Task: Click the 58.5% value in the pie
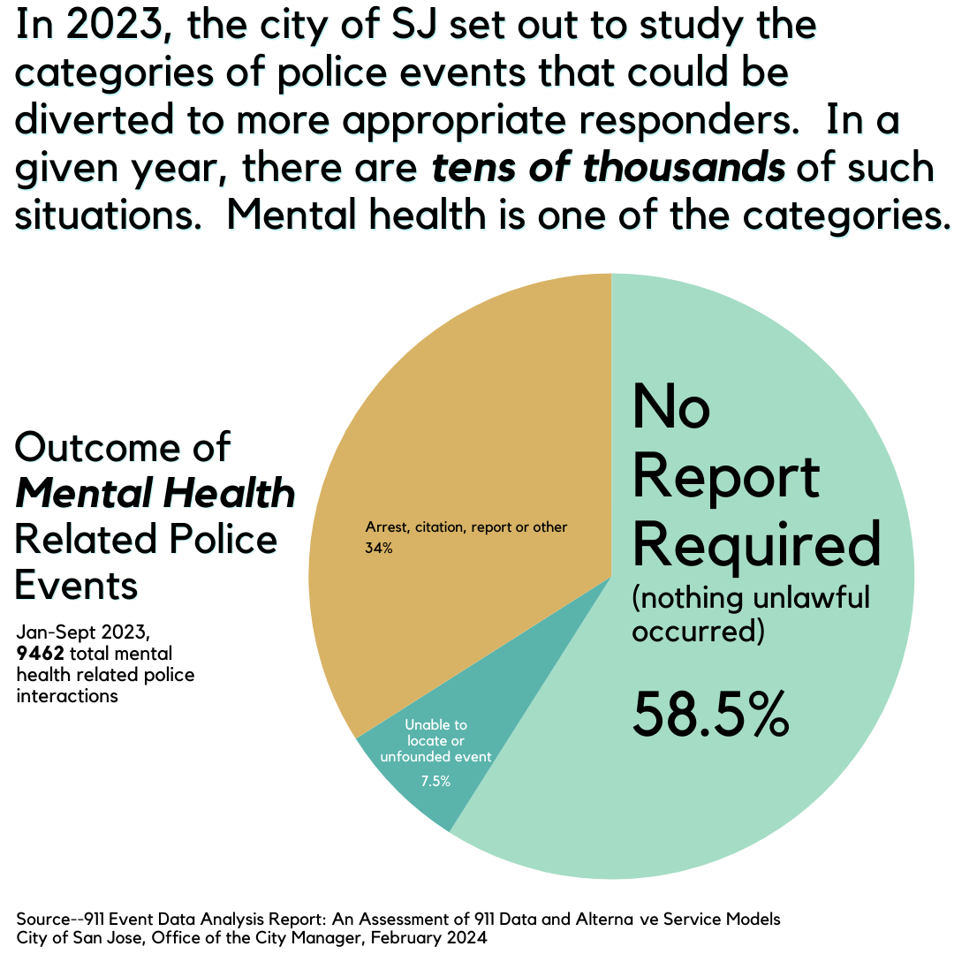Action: [709, 715]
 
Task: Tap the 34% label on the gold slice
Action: [379, 549]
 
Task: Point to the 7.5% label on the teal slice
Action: [435, 781]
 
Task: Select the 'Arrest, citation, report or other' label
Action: [466, 527]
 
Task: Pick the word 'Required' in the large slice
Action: [757, 544]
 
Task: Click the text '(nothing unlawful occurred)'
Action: [751, 614]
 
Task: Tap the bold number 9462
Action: [39, 654]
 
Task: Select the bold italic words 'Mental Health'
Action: [155, 493]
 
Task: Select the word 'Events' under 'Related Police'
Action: [77, 585]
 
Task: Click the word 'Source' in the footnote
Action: [44, 919]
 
